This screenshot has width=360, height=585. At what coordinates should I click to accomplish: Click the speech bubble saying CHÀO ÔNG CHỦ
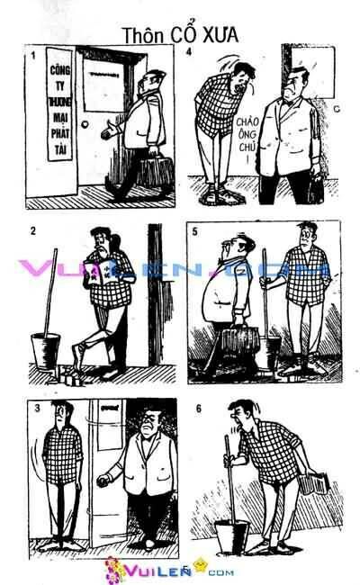click(x=251, y=135)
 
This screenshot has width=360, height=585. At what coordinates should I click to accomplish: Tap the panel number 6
click(x=198, y=408)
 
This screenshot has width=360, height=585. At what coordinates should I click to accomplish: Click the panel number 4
click(x=188, y=52)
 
